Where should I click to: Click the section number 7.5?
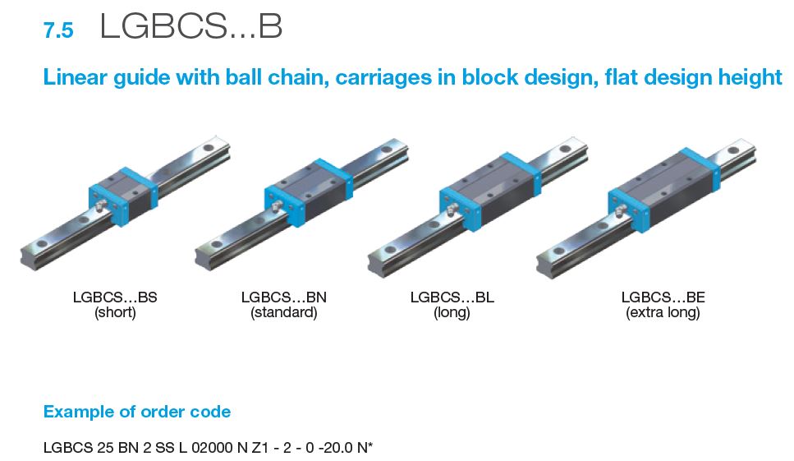[x=57, y=30]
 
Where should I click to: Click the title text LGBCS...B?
[x=190, y=27]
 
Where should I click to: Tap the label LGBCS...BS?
[x=114, y=297]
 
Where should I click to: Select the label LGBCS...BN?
[x=283, y=297]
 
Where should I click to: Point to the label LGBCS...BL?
[x=452, y=297]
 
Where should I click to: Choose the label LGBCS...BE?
[x=663, y=297]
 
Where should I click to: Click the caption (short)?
[x=114, y=313]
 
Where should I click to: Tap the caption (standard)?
[x=283, y=313]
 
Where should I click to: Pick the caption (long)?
[x=452, y=313]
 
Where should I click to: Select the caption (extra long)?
[x=663, y=313]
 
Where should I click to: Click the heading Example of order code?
[x=136, y=412]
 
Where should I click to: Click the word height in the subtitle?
[x=752, y=78]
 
